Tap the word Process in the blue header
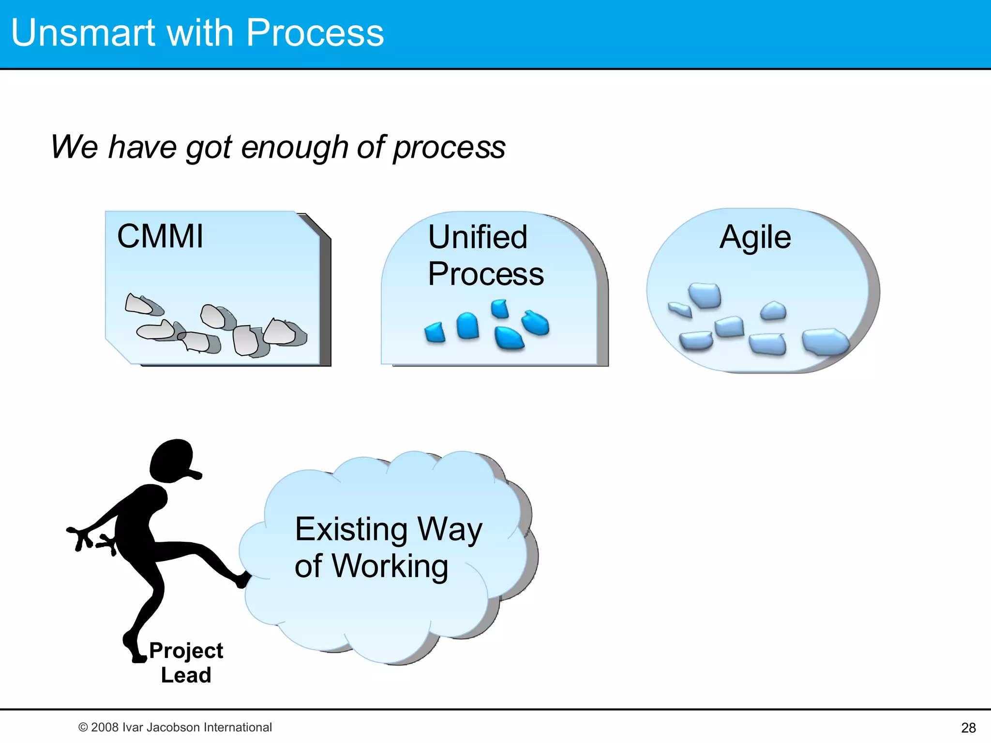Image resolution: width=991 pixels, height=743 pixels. tap(315, 33)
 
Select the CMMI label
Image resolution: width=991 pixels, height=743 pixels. tap(160, 237)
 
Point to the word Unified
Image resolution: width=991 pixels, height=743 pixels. tap(478, 237)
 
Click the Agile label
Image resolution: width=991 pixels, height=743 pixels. tap(755, 237)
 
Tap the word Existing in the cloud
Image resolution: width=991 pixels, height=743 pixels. tap(351, 529)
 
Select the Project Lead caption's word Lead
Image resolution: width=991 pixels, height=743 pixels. tap(186, 675)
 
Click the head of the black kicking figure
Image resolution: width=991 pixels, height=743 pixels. tap(171, 461)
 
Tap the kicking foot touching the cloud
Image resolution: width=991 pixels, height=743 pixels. tap(243, 580)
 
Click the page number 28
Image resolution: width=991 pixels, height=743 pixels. tap(968, 728)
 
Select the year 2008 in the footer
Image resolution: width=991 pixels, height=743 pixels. tap(105, 728)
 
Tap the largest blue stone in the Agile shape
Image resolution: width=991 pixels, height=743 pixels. tap(825, 342)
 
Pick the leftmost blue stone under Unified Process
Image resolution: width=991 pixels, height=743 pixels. tap(435, 332)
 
